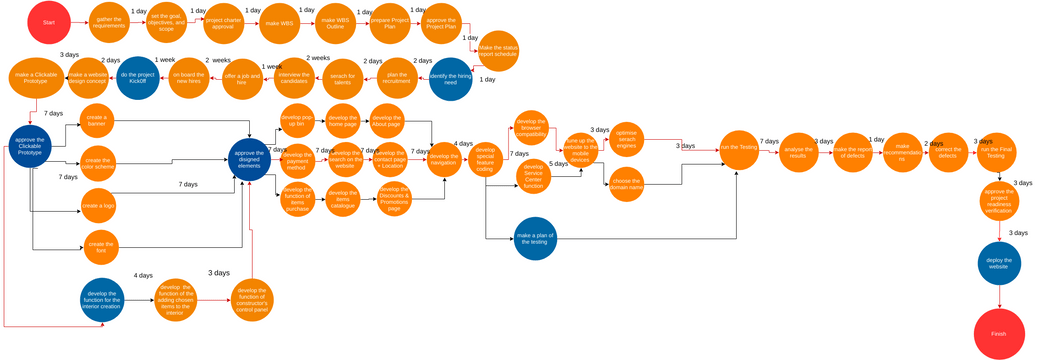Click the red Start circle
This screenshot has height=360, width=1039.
click(49, 22)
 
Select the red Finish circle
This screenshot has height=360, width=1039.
click(999, 333)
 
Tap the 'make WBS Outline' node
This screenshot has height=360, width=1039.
click(335, 24)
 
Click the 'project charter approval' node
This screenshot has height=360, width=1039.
click(224, 24)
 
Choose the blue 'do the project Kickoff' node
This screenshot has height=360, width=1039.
click(138, 77)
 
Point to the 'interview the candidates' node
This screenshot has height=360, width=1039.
click(294, 78)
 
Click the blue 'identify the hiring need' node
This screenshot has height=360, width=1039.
click(450, 79)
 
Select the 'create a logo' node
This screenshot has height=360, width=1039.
click(98, 205)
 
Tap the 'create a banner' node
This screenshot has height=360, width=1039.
click(97, 120)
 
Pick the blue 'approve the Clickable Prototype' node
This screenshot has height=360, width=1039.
click(30, 146)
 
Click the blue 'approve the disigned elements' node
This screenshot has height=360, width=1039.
click(248, 160)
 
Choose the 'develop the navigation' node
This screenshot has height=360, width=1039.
click(443, 159)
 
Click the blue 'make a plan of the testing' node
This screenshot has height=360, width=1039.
click(535, 238)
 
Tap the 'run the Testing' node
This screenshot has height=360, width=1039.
click(739, 149)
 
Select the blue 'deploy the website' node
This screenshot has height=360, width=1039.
click(998, 263)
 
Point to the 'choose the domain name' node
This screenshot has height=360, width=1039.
click(626, 183)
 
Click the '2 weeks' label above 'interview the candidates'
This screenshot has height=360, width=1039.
click(318, 58)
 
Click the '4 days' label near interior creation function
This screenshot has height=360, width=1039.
click(143, 275)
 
